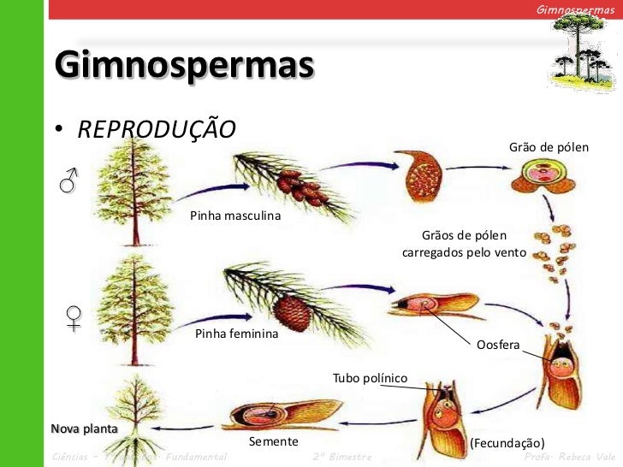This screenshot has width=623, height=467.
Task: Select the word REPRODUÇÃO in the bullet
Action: coord(156,129)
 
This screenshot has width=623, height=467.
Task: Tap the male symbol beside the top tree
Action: coord(68,180)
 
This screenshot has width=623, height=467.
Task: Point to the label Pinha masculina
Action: coord(235,216)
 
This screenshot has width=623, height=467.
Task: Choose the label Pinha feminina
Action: coord(237,334)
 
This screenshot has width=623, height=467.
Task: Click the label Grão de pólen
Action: coord(549,147)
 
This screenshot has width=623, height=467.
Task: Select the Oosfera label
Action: coord(498,344)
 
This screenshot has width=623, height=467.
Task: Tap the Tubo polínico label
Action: coord(370,377)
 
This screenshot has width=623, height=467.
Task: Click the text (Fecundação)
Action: coord(507,442)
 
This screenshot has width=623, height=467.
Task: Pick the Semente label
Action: coord(273,441)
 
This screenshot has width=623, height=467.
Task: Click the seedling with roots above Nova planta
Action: coord(129,403)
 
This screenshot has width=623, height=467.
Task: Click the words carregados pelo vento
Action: coord(463,254)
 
